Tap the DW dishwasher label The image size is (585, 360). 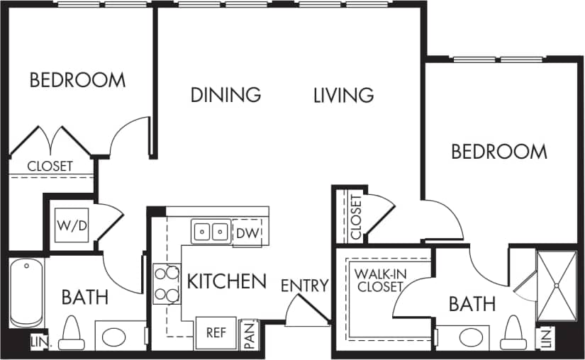coord(246,232)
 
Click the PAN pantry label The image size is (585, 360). coord(249,334)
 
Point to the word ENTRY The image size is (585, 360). coord(304,286)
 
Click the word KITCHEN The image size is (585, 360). coord(226,281)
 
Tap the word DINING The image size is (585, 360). coord(225,94)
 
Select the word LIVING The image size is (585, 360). coord(343,94)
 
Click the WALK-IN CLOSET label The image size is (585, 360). coord(379,281)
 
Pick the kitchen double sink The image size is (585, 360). coord(211,232)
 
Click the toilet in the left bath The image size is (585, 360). coord(71,333)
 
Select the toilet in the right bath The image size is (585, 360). coord(513,334)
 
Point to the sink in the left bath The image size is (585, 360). coord(114,336)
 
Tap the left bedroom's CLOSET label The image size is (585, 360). coord(50,167)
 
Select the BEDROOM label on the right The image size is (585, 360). coord(499,152)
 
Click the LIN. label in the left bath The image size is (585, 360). coord(37,342)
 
